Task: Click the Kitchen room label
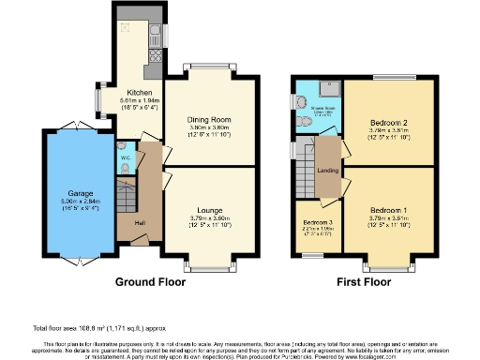(x=127, y=93)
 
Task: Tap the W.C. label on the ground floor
(x=125, y=157)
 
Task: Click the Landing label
(x=326, y=170)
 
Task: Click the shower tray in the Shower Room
(x=327, y=90)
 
